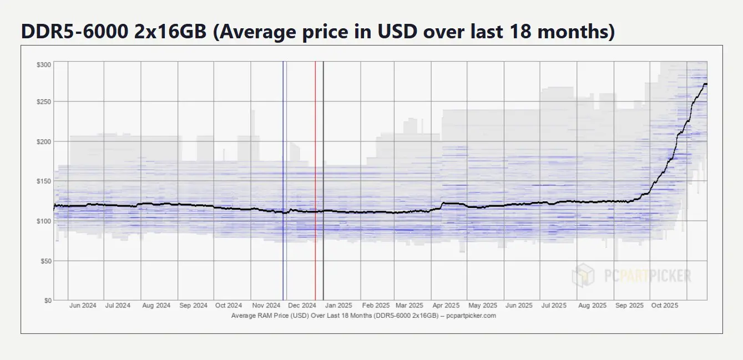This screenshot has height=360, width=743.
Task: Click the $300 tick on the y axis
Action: pos(43,65)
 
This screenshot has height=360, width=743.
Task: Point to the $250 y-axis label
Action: pos(43,102)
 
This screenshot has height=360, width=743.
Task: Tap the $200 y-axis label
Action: pos(43,141)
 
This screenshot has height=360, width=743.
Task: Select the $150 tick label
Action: pos(43,181)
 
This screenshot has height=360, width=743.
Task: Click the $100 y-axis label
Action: pos(43,221)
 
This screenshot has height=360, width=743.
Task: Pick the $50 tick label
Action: pos(45,261)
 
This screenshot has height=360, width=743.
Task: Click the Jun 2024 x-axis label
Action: pos(83,306)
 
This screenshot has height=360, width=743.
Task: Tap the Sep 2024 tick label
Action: pos(193,306)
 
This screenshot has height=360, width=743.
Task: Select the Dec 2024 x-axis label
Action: pos(302,306)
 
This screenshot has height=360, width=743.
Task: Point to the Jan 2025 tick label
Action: pos(338,306)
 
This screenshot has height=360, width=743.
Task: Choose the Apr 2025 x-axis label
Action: pos(446,306)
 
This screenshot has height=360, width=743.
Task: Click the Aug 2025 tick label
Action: pos(592,306)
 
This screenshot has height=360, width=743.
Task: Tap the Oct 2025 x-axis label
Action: pos(664,306)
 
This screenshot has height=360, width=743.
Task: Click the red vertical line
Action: pos(315,166)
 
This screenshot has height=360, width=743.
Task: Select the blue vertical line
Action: pos(283,166)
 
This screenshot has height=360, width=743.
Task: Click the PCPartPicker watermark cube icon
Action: pos(583,275)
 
